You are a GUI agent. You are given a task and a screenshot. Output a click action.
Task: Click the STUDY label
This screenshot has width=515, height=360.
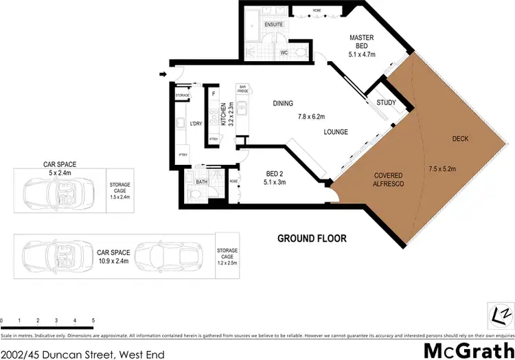click(386, 103)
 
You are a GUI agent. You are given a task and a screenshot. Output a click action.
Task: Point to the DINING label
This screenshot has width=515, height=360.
click(282, 104)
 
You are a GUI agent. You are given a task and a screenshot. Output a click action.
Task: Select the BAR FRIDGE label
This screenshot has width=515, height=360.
click(242, 89)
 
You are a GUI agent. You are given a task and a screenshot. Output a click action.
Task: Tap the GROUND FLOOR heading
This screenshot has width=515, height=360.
click(312, 238)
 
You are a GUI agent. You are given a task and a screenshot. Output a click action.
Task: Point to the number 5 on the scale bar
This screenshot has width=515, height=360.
click(92, 321)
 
